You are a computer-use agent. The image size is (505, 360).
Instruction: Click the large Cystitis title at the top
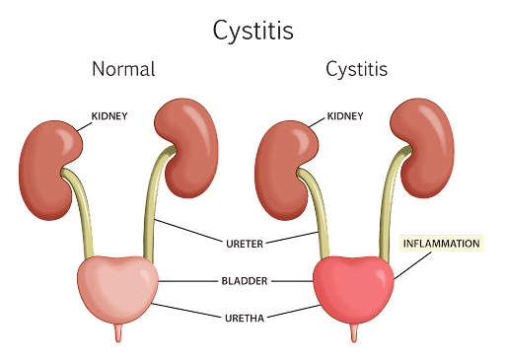click(x=253, y=31)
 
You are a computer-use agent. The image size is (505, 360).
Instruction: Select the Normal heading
click(x=124, y=70)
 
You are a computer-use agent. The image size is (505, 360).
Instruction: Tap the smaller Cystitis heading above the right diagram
click(x=356, y=70)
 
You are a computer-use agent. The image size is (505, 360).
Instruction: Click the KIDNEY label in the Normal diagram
click(x=109, y=116)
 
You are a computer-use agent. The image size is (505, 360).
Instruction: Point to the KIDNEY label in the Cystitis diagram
click(x=344, y=116)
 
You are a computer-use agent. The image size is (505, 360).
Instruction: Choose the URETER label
click(x=243, y=242)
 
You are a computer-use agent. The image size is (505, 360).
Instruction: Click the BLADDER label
click(x=245, y=280)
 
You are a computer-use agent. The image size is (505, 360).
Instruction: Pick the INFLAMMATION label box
click(x=441, y=244)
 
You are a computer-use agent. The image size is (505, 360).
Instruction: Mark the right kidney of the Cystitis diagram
click(x=425, y=148)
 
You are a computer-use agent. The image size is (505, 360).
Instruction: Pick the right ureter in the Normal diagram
click(x=150, y=212)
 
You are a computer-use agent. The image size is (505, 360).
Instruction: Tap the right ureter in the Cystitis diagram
click(x=386, y=212)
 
